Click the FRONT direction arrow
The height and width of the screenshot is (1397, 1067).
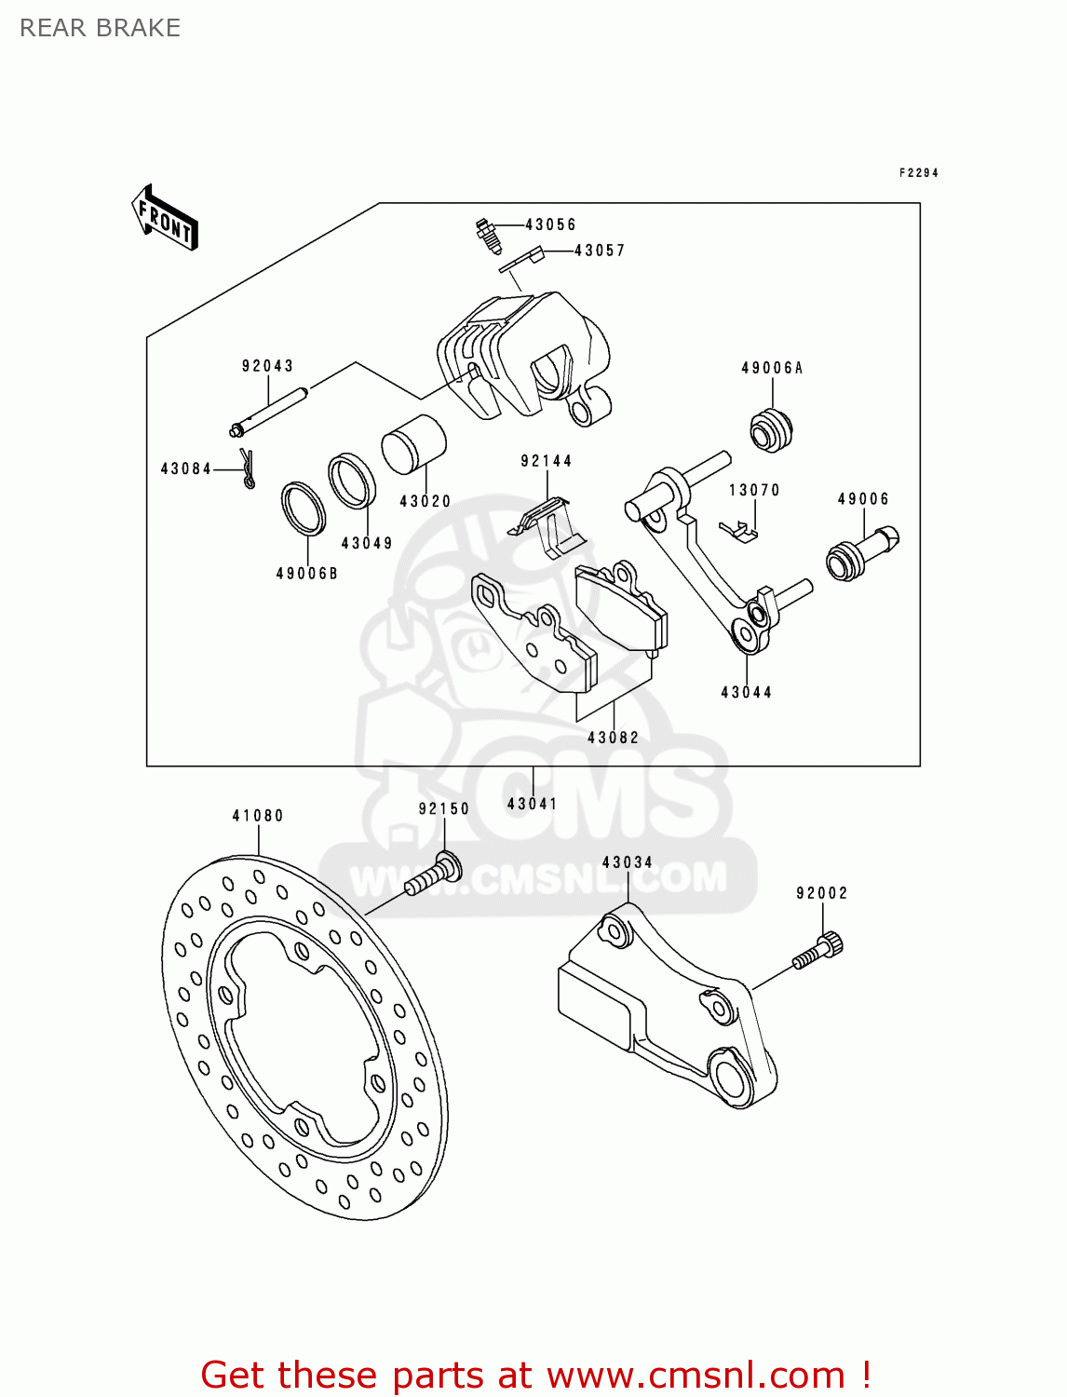[x=166, y=218]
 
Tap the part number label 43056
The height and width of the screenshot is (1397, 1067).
[x=550, y=224]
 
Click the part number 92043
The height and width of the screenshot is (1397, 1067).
[x=267, y=366]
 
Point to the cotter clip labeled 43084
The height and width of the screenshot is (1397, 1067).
[x=247, y=468]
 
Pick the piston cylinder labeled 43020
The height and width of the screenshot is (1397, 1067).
[x=414, y=444]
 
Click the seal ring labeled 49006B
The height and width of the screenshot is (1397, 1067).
[x=304, y=509]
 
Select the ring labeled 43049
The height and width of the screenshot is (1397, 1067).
[x=352, y=481]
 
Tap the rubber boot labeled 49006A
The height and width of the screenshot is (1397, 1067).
[x=771, y=430]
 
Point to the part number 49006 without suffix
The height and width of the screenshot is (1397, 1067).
[x=863, y=499]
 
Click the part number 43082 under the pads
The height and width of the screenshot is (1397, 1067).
[x=613, y=738]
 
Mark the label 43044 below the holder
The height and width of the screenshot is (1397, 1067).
[x=746, y=692]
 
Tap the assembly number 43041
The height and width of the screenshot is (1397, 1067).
[x=532, y=804]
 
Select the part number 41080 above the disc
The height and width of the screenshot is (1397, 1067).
[x=258, y=816]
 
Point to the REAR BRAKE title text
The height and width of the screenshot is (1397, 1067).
[x=100, y=28]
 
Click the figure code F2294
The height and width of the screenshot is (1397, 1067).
[x=918, y=173]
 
